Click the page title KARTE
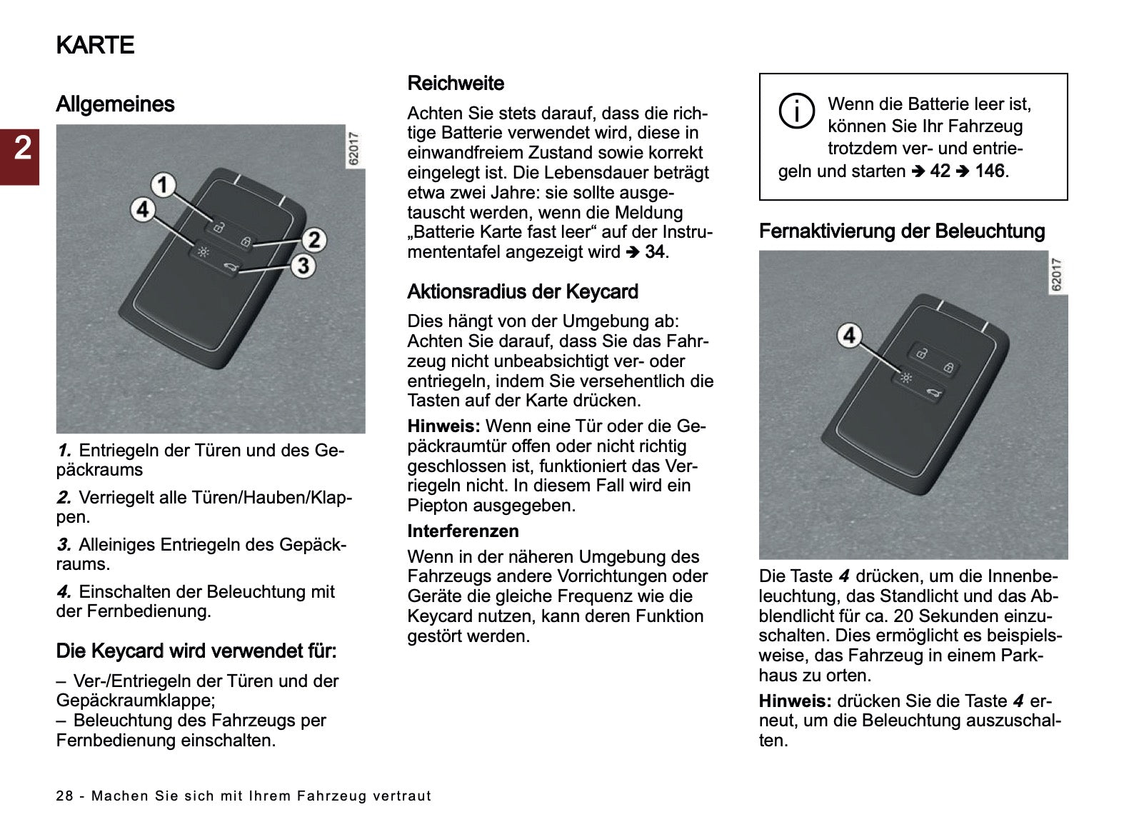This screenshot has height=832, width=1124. coord(95,45)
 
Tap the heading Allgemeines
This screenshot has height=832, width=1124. coord(115,104)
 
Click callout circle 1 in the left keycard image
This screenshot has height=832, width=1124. coord(164,185)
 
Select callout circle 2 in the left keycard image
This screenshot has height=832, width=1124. coord(313,240)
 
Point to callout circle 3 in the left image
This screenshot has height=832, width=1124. coord(303,266)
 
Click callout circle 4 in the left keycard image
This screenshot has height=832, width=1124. coord(144,209)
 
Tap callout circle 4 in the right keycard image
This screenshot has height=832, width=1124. coord(849,335)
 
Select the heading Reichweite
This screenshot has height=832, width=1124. coord(456,84)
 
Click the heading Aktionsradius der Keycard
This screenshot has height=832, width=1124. coord(522,292)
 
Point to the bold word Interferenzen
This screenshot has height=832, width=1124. coord(463,531)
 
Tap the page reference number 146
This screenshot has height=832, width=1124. coord(989,171)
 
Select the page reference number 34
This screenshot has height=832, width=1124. coord(655,252)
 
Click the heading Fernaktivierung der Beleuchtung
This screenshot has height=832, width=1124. coord(901,231)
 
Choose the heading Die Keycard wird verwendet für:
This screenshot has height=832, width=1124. coord(196,651)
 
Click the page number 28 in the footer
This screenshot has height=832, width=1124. coord(64,796)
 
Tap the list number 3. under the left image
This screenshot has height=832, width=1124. coord(64,545)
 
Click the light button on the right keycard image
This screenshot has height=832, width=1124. coord(906,377)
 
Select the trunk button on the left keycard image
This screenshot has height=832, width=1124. coord(230,267)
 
